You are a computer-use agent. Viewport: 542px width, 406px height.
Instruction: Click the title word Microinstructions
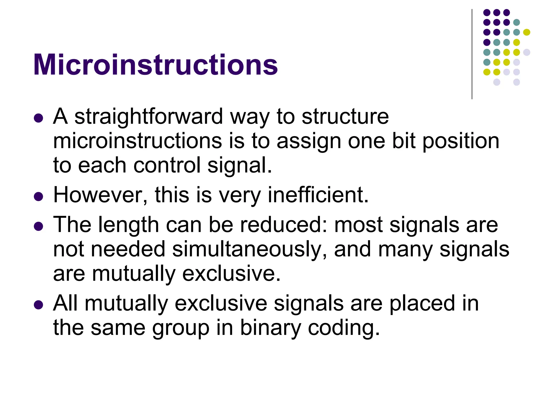155,65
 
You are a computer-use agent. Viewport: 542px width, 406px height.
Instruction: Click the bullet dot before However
39,197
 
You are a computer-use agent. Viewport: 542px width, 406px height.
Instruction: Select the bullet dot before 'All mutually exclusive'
39,305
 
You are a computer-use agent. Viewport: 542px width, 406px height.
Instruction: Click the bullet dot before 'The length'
39,226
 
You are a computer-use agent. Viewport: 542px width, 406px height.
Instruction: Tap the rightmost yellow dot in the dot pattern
526,32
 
